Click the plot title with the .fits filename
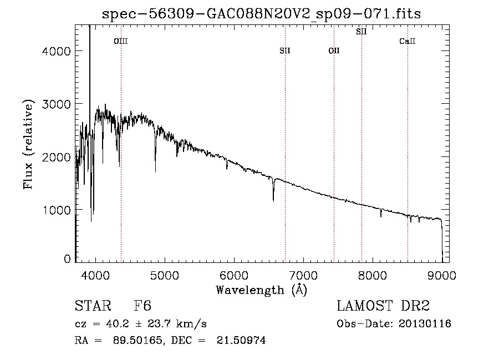click(262, 14)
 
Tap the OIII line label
click(120, 41)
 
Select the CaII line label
click(408, 41)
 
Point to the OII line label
click(334, 51)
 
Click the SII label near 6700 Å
click(285, 51)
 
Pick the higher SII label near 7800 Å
click(361, 32)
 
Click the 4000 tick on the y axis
click(56, 51)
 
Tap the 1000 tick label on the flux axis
click(56, 210)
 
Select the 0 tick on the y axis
click(67, 259)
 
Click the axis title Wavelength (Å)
click(261, 290)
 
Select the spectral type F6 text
click(143, 306)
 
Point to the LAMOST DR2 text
click(383, 306)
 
